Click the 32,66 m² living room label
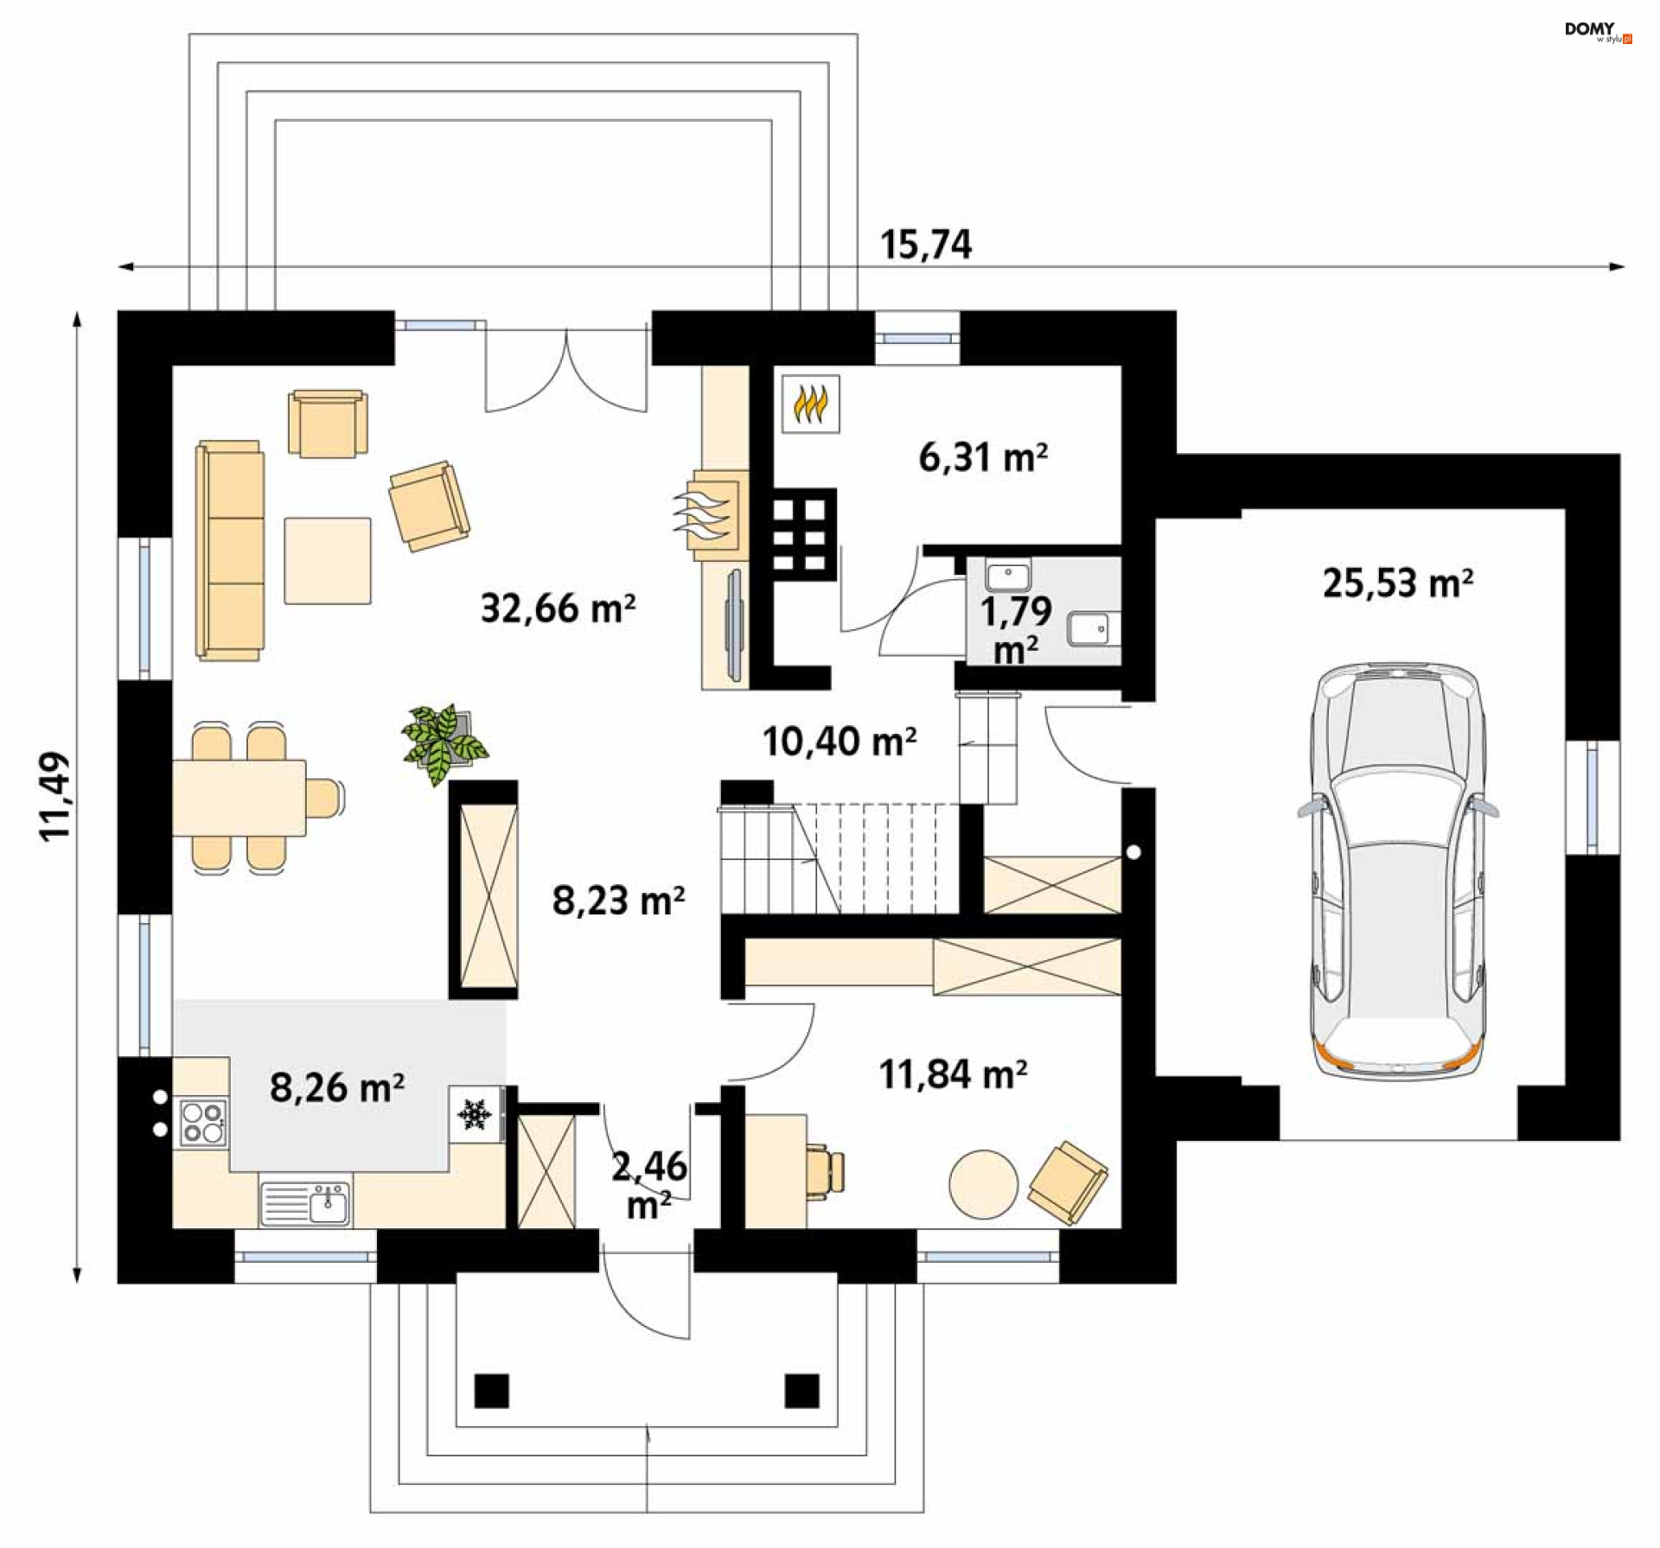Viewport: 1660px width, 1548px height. click(558, 608)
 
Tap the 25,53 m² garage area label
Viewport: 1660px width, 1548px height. click(1397, 583)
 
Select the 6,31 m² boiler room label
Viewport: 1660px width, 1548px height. click(983, 456)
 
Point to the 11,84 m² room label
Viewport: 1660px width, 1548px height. click(953, 1074)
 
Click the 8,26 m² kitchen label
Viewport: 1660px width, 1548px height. click(336, 1087)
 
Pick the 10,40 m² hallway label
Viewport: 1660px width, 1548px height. click(839, 742)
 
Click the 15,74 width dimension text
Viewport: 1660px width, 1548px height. click(925, 245)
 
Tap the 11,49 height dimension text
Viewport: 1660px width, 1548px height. click(54, 796)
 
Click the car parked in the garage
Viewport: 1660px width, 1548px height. click(1397, 871)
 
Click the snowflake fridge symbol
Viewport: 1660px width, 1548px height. click(474, 1114)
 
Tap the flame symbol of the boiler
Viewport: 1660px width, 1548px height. click(810, 403)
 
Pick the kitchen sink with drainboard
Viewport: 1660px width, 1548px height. click(305, 1203)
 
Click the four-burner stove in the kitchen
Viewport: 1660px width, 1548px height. click(203, 1122)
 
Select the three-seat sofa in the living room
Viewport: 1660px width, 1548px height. click(229, 551)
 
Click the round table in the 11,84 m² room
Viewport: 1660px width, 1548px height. click(983, 1183)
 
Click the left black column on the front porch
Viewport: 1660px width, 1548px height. click(491, 1390)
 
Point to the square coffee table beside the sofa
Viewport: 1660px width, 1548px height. click(328, 560)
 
